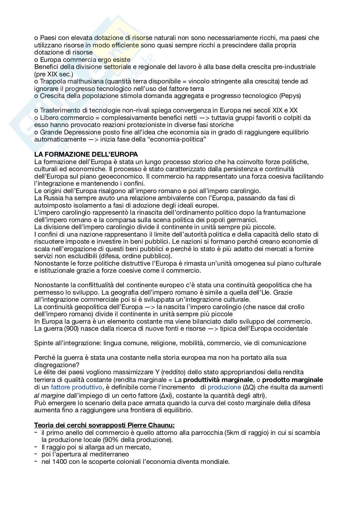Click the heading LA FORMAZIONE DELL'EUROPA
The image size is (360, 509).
click(86, 154)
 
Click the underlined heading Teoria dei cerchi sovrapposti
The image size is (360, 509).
click(104, 425)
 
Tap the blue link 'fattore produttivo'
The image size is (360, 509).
click(76, 387)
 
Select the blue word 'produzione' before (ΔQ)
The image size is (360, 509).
click(224, 387)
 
